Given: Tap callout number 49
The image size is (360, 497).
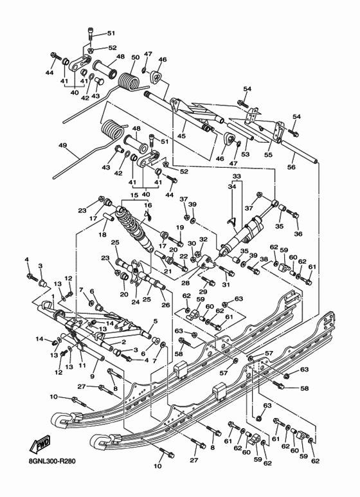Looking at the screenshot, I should pyautogui.click(x=63, y=146).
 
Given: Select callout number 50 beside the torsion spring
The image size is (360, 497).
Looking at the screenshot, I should pyautogui.click(x=135, y=57).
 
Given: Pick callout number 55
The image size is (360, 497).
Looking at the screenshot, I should pyautogui.click(x=268, y=155).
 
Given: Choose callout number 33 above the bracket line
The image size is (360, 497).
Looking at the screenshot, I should pyautogui.click(x=237, y=176).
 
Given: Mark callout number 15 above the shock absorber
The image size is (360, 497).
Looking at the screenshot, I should pyautogui.click(x=134, y=195).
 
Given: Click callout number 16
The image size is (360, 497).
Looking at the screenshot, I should pyautogui.click(x=147, y=205).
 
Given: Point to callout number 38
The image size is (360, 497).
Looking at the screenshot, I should pyautogui.click(x=264, y=259).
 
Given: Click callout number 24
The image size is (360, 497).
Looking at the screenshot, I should pyautogui.click(x=136, y=301).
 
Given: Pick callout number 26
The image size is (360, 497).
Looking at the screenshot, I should pyautogui.click(x=166, y=305).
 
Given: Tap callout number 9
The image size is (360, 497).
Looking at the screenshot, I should pyautogui.click(x=93, y=375).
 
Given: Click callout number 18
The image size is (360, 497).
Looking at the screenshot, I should pyautogui.click(x=102, y=235).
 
